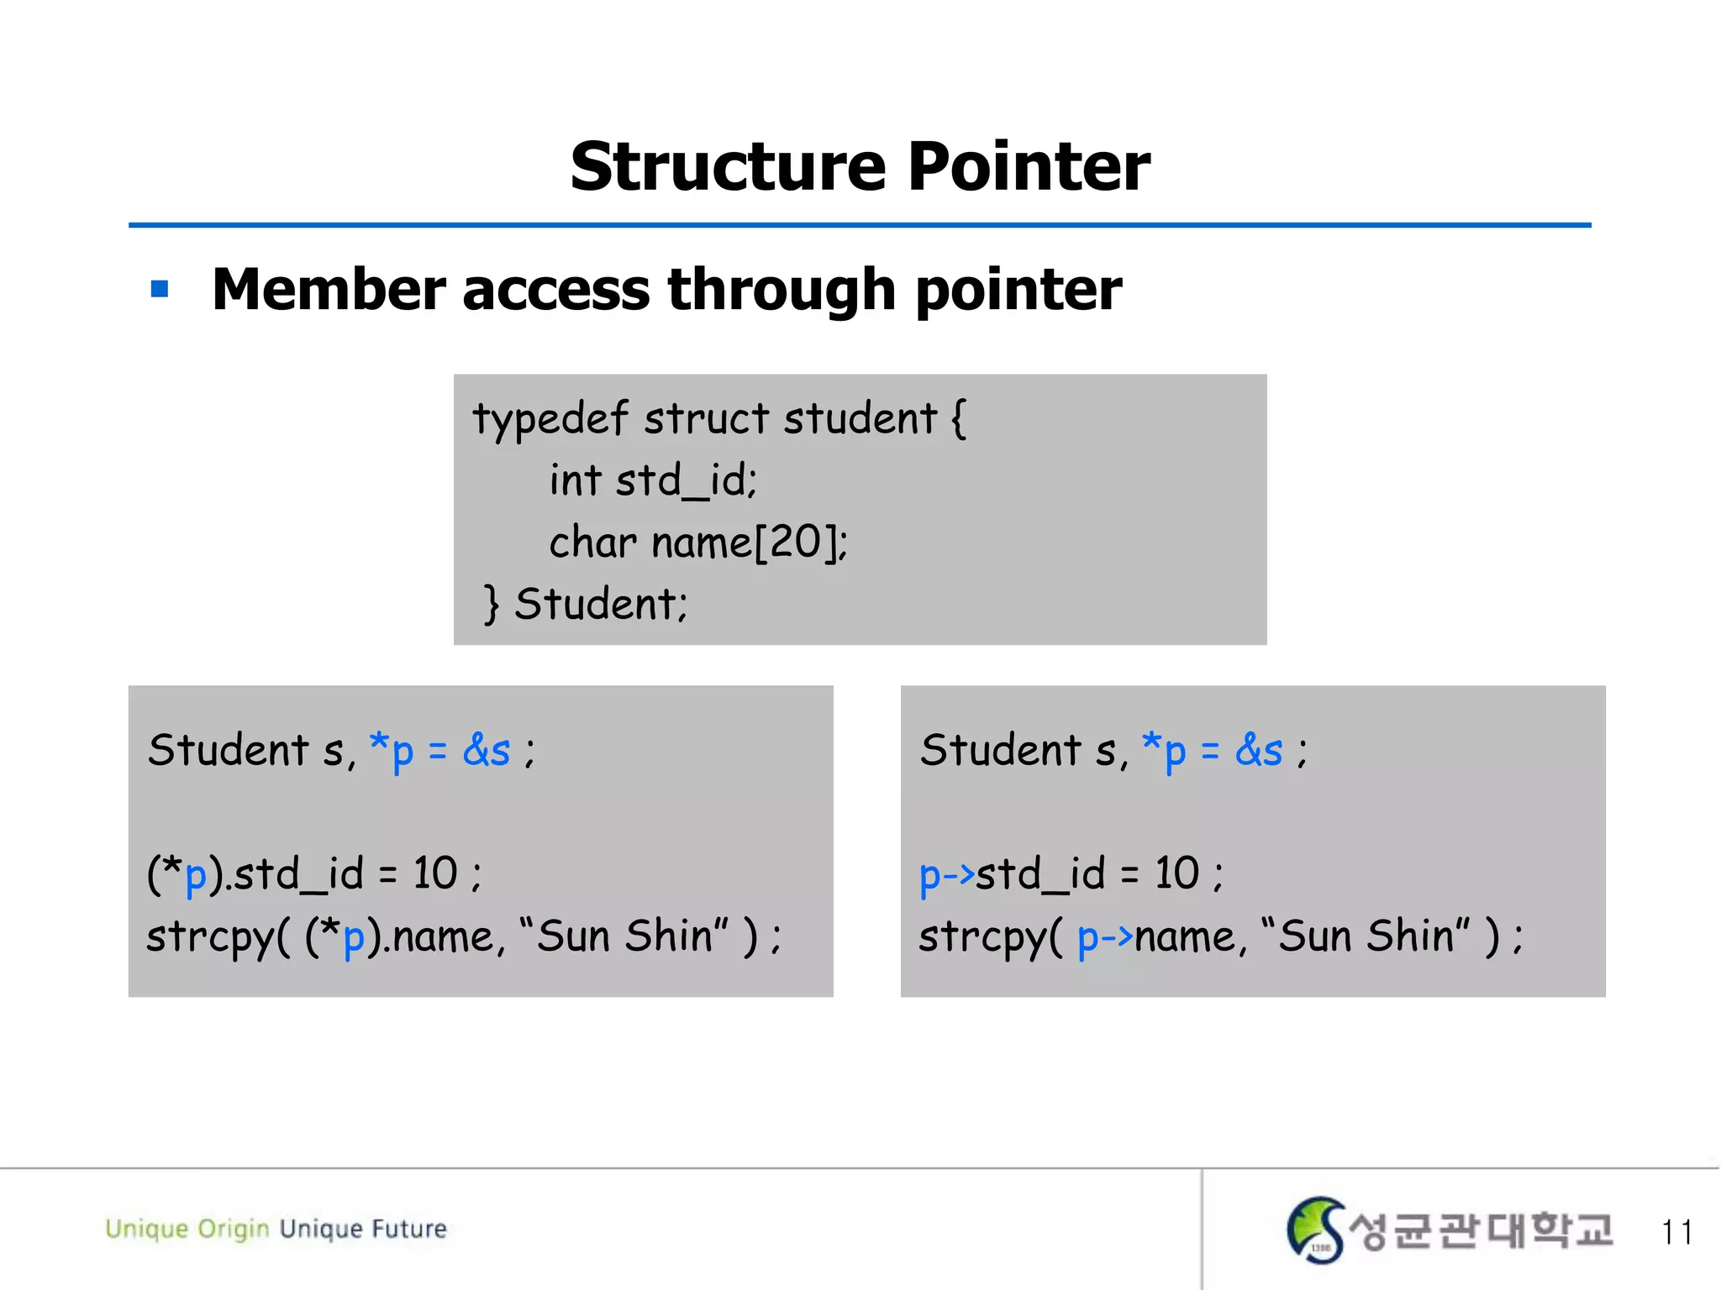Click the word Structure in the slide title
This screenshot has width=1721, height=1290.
coord(728,166)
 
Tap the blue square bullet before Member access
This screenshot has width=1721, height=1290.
coord(160,290)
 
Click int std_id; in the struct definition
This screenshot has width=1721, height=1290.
coord(653,481)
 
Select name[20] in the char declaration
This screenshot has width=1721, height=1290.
coord(748,543)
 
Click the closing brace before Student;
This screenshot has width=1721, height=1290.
coord(492,604)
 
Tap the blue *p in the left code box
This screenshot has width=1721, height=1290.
coord(392,750)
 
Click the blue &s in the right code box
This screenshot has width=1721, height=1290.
coord(1258,750)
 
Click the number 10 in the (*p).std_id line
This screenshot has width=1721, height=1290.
coord(434,873)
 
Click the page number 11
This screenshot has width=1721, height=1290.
coord(1676,1232)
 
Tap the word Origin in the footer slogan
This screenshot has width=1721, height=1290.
coord(233,1229)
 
